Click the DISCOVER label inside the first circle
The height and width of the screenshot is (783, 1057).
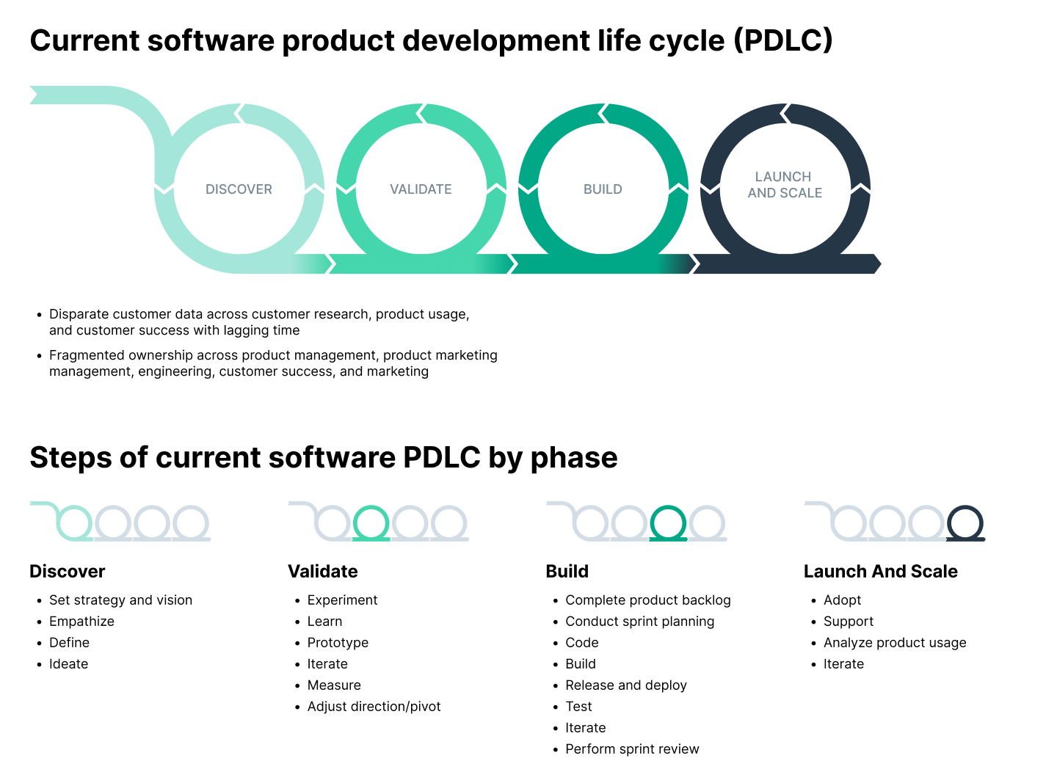click(x=239, y=189)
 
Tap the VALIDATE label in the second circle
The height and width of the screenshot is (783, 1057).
click(x=421, y=189)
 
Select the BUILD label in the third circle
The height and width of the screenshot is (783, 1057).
click(x=603, y=189)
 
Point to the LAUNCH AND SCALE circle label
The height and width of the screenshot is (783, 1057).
click(x=785, y=184)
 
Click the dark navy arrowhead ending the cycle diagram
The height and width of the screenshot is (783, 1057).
click(x=876, y=263)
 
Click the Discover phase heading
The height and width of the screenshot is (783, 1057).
click(x=68, y=571)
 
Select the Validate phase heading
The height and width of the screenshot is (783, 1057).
click(x=323, y=571)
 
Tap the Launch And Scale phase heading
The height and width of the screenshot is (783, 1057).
click(x=880, y=571)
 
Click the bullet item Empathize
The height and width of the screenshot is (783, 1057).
click(x=81, y=621)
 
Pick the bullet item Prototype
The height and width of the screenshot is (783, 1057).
click(x=338, y=642)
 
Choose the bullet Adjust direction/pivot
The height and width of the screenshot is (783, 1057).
click(x=374, y=706)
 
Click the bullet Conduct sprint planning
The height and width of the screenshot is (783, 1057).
click(x=639, y=621)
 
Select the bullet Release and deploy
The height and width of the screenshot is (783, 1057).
click(x=625, y=685)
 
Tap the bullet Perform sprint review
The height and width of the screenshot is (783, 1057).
click(x=632, y=749)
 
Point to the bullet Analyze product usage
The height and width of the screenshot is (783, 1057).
click(x=895, y=642)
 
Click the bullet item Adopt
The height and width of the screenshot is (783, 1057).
click(x=842, y=600)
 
